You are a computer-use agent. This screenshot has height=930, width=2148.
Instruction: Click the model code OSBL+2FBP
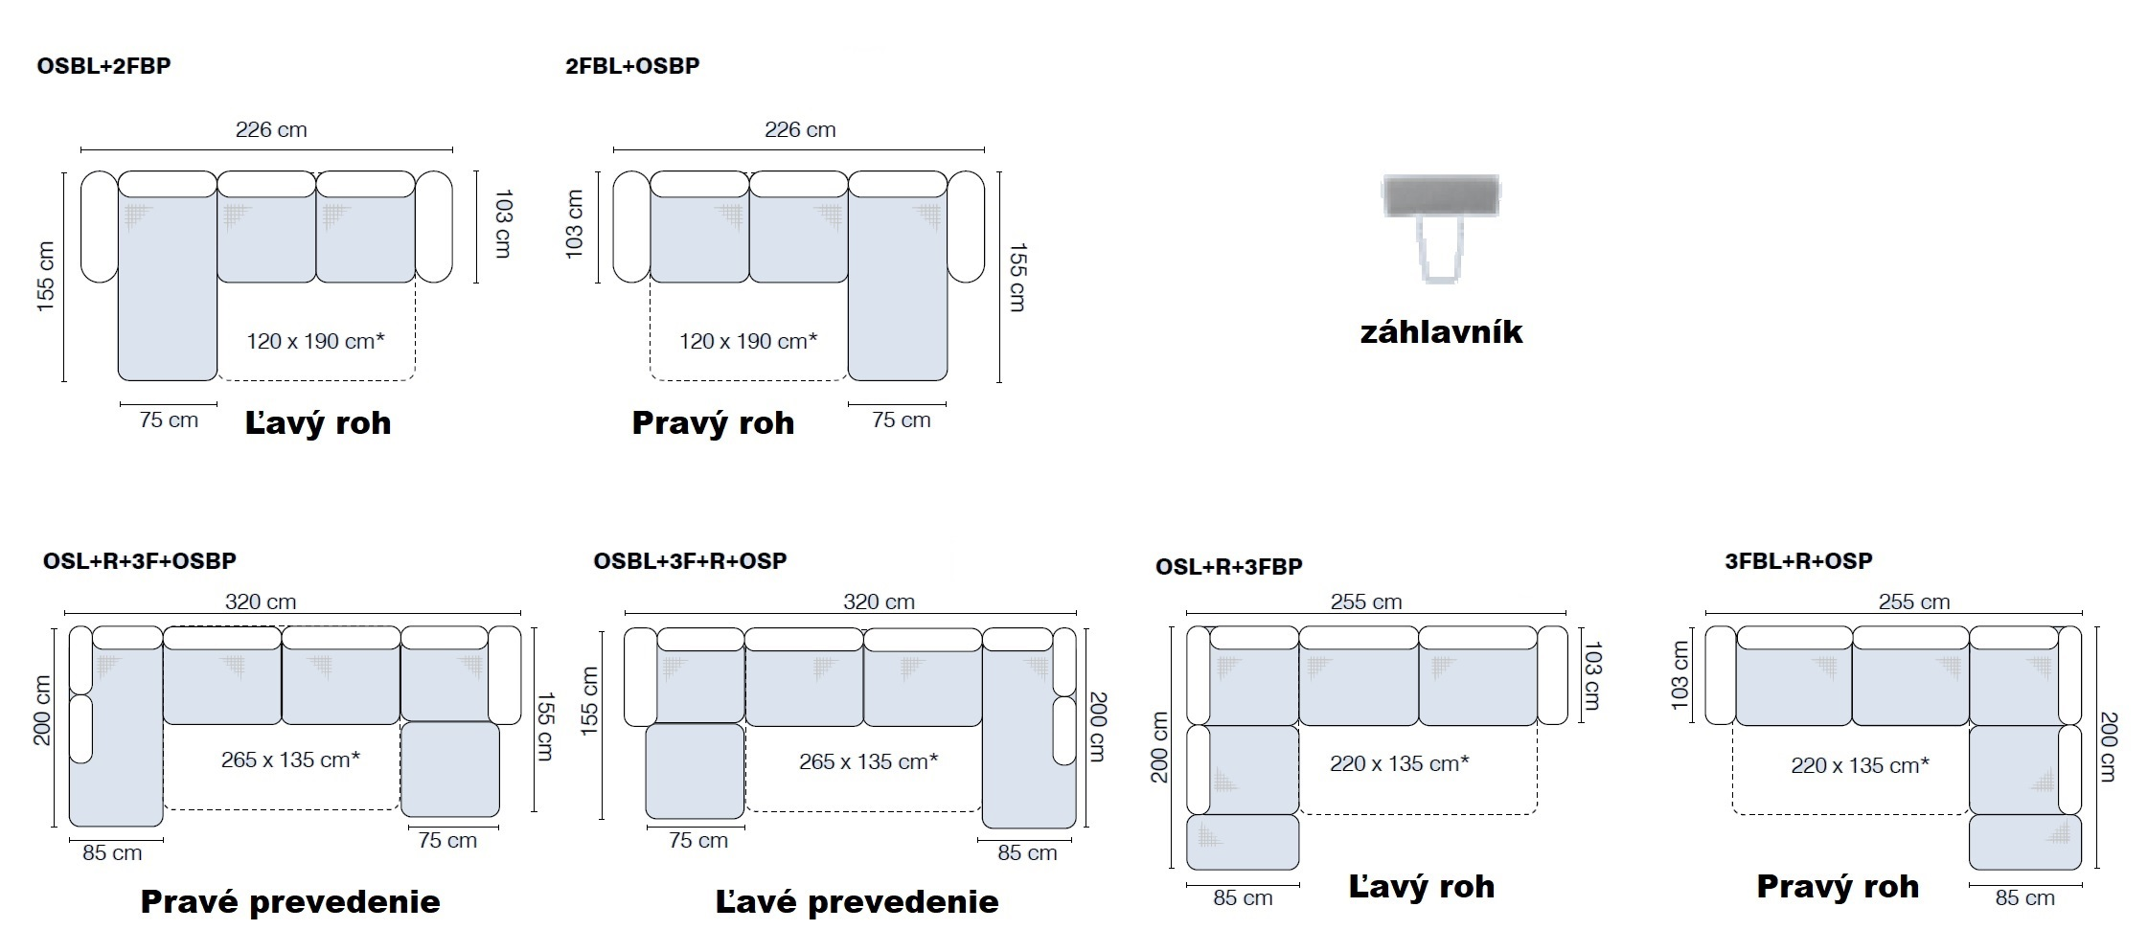click(103, 66)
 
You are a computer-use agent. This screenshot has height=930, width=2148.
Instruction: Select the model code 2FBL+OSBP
click(632, 66)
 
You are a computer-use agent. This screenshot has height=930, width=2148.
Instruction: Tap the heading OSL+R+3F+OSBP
click(140, 560)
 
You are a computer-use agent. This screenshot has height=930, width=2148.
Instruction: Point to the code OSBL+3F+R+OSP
click(690, 560)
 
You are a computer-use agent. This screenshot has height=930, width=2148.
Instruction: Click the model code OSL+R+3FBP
click(1229, 566)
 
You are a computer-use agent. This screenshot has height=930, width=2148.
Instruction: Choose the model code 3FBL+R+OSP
click(1798, 560)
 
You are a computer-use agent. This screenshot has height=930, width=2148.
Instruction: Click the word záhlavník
click(1441, 332)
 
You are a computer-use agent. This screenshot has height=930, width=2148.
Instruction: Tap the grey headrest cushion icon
click(1441, 195)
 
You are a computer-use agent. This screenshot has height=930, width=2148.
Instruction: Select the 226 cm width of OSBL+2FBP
click(271, 129)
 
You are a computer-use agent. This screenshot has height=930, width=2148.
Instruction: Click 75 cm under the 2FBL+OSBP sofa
click(901, 420)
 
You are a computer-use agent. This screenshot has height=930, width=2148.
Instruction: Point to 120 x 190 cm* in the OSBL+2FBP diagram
click(315, 341)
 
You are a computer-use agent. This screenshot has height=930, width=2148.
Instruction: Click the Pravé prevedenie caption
click(290, 901)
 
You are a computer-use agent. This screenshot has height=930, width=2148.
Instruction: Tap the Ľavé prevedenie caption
click(857, 901)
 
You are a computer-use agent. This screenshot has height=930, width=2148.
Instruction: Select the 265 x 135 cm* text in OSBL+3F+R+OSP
click(868, 761)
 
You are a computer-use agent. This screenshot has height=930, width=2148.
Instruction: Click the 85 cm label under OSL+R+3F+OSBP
click(112, 852)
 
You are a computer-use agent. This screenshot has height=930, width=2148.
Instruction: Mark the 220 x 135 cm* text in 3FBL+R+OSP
click(1860, 765)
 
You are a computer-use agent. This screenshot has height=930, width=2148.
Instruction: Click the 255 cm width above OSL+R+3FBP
click(1365, 601)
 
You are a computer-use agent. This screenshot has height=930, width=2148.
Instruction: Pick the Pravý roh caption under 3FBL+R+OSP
click(1838, 886)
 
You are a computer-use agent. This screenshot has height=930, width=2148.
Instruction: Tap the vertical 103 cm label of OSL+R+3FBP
click(1592, 676)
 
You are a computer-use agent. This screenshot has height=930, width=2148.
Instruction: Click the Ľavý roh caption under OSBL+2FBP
click(318, 423)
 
